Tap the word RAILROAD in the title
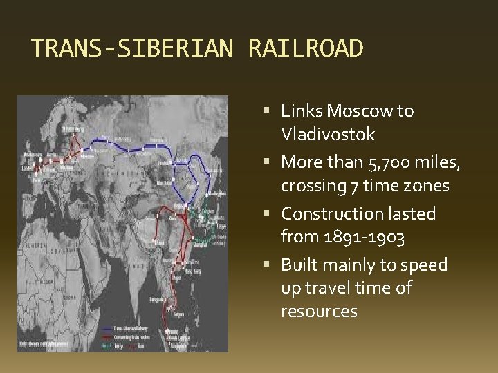[x=304, y=49]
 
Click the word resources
[x=319, y=312]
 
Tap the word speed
[x=425, y=266]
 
